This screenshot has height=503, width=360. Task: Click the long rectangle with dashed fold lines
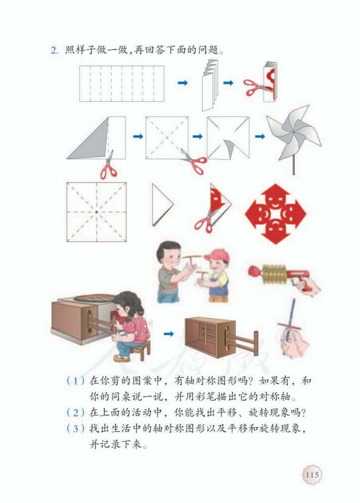tap(121, 84)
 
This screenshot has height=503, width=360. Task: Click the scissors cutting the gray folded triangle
tap(108, 167)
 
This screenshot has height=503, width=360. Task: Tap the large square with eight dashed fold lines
tap(96, 212)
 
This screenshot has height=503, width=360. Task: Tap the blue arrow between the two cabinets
tap(168, 334)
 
